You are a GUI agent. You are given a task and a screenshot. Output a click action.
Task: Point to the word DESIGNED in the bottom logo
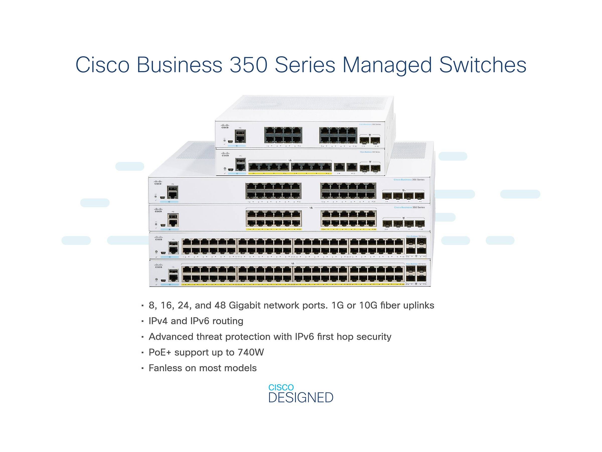301,398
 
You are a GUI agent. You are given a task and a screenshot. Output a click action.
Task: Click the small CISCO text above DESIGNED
281,387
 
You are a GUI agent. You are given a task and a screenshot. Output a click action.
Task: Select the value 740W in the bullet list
251,352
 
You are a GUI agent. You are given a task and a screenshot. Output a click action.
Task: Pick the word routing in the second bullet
228,321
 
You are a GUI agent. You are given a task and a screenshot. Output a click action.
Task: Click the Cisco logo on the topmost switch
225,126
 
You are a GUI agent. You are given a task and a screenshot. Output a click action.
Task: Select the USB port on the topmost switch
240,133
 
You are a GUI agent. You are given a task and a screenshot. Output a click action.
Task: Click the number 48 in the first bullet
220,305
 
